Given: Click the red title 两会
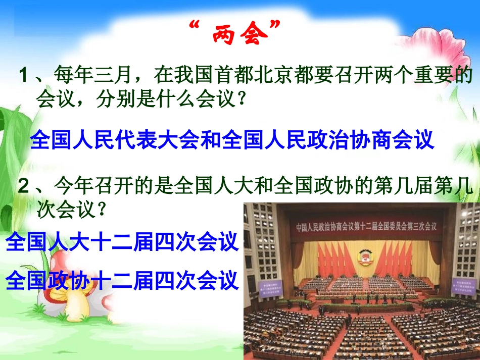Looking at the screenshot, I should point(239,35).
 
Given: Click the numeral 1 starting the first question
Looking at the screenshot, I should point(23,77).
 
